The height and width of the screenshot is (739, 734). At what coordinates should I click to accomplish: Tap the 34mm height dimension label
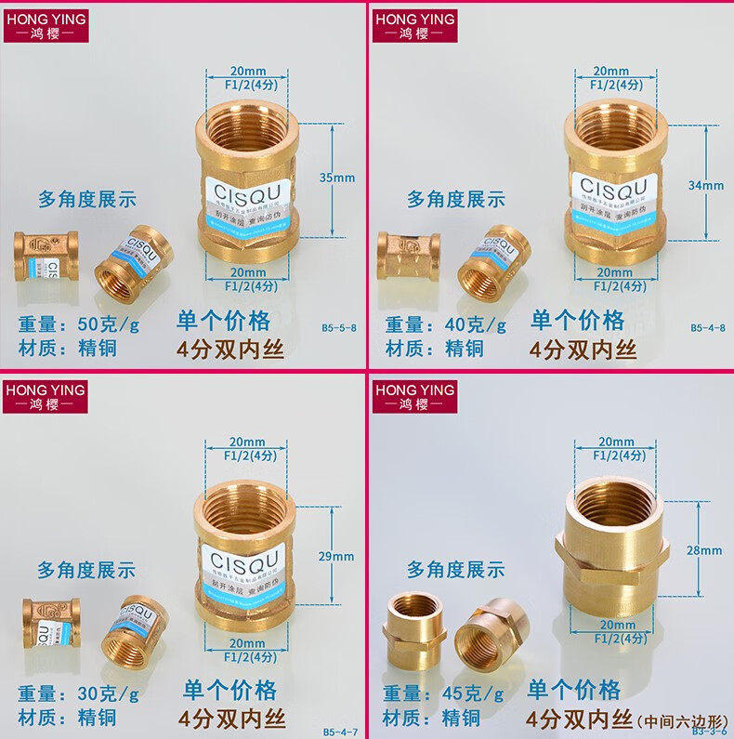click(706, 185)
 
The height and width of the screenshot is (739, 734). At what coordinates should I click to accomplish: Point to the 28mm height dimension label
click(703, 550)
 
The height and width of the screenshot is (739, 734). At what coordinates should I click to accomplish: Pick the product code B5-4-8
click(708, 327)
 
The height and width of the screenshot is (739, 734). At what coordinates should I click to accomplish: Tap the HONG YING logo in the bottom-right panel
click(413, 395)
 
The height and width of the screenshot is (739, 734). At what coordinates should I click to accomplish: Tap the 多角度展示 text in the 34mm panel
click(456, 199)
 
